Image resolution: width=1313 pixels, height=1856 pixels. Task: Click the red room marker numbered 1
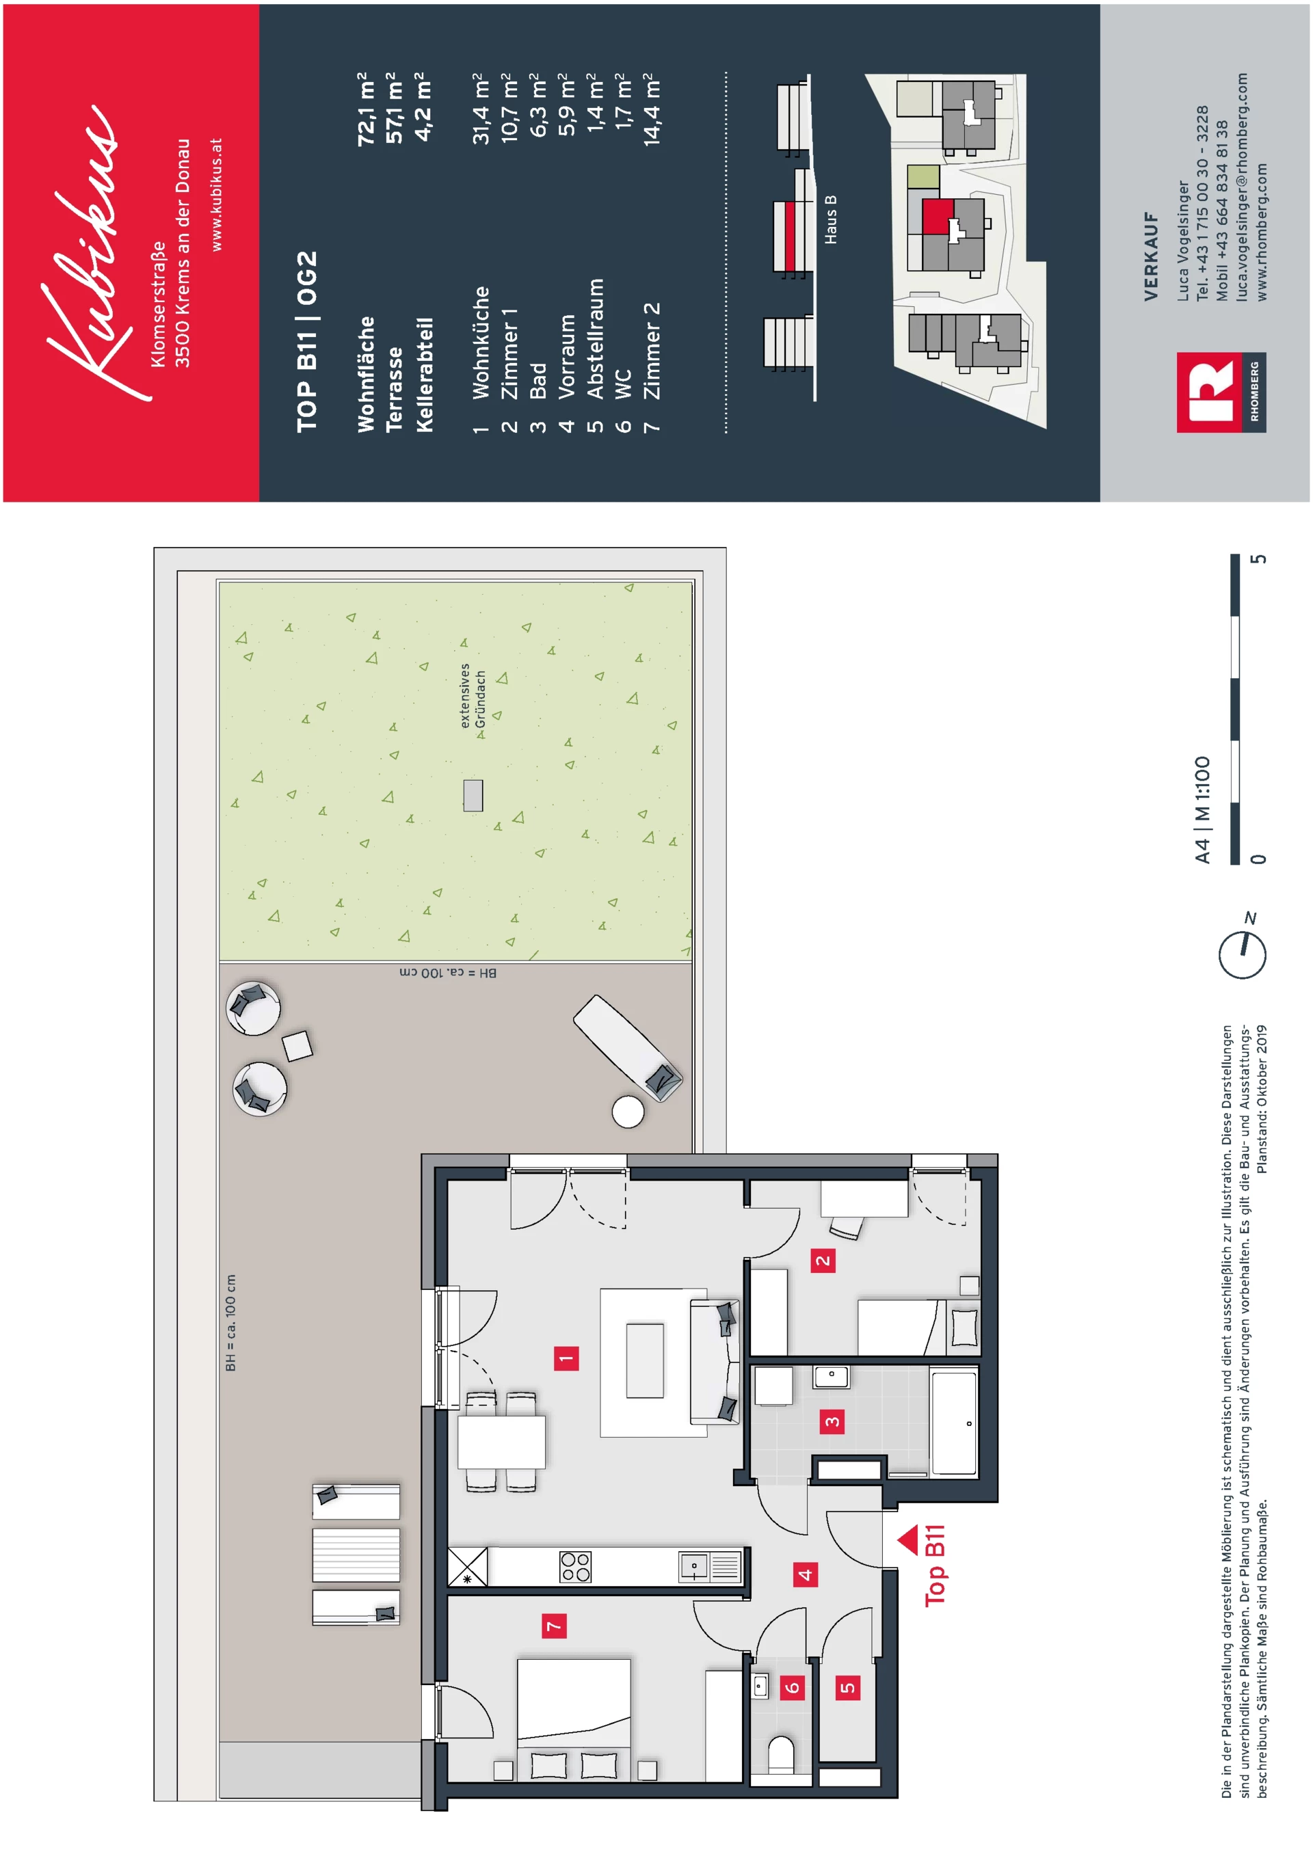click(x=566, y=1358)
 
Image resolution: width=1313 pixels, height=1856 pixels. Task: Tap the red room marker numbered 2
click(x=823, y=1259)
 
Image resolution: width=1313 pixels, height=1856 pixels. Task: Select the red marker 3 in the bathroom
click(x=832, y=1421)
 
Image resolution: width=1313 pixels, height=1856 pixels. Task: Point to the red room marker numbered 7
click(x=554, y=1626)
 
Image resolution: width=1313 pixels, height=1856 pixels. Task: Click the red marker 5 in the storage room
click(x=847, y=1687)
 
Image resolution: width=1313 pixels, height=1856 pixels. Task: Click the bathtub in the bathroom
click(x=954, y=1422)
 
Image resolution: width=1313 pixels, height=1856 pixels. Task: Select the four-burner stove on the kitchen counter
click(x=576, y=1567)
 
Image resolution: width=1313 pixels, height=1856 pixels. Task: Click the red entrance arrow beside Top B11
click(x=908, y=1540)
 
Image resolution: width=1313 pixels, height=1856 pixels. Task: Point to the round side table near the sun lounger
click(x=628, y=1112)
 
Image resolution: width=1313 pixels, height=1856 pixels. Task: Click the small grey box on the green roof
click(x=473, y=796)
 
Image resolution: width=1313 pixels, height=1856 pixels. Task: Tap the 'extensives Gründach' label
click(x=472, y=696)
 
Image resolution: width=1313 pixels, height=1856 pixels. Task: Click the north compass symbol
click(x=1243, y=950)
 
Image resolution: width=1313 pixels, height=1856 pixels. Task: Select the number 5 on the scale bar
click(x=1258, y=559)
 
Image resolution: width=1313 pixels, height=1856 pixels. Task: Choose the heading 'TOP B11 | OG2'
click(x=307, y=342)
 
